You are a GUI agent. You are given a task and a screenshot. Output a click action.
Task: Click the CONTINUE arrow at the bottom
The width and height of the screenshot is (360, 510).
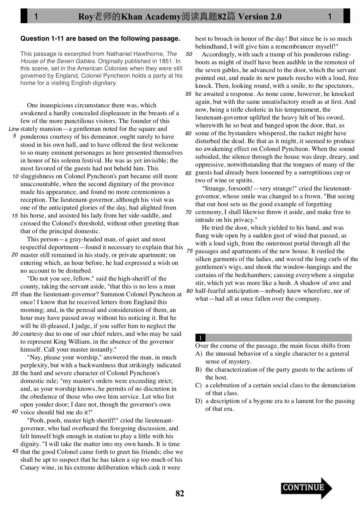pyautogui.click(x=306, y=488)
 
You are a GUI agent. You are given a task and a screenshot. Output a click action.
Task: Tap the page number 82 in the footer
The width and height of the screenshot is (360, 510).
pyautogui.click(x=180, y=493)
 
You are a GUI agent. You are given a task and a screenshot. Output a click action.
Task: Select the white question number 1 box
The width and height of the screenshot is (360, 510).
pyautogui.click(x=200, y=338)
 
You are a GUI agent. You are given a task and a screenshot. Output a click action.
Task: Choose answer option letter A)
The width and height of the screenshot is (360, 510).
pyautogui.click(x=199, y=354)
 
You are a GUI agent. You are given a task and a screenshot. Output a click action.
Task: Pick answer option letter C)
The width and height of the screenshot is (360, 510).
pyautogui.click(x=199, y=385)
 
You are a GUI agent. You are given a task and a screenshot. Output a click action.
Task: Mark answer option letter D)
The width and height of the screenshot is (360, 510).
pyautogui.click(x=199, y=401)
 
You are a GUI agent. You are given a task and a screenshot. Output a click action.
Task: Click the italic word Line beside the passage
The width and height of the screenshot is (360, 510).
pyautogui.click(x=14, y=129)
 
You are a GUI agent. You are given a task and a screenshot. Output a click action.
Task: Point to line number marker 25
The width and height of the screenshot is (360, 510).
pyautogui.click(x=15, y=294)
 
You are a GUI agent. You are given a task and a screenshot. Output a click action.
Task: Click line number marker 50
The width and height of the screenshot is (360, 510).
pyautogui.click(x=189, y=54)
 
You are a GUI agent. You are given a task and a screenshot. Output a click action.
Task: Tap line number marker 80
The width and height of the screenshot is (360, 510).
pyautogui.click(x=189, y=291)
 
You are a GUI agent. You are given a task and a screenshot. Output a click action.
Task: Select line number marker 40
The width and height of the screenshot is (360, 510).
pyautogui.click(x=15, y=412)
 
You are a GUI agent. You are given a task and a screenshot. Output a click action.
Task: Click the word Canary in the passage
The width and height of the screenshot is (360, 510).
pyautogui.click(x=30, y=468)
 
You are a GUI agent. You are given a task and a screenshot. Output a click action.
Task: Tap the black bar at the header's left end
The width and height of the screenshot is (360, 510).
pyautogui.click(x=24, y=16)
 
